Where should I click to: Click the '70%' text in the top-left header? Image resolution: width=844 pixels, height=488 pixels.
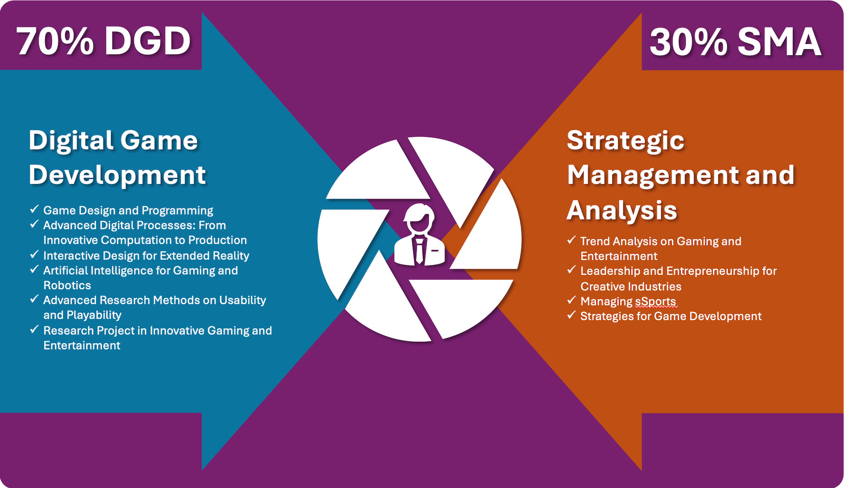pos(55,42)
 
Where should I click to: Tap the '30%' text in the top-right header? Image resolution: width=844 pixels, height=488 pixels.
pos(688,42)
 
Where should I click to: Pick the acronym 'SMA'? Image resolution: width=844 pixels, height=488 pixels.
pos(779,42)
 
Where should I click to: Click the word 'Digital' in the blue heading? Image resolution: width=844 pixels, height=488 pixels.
pos(70,140)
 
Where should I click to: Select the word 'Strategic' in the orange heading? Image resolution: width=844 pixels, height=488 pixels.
pos(625,140)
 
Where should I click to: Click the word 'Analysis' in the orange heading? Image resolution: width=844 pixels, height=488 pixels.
pos(622,210)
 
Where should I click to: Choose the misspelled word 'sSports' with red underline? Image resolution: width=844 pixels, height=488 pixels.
pos(655,301)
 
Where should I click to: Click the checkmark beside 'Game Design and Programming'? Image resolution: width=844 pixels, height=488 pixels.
pos(34,210)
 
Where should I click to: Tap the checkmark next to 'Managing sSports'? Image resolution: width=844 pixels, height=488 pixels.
pos(572,301)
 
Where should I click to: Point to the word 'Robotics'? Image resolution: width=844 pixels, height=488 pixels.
pos(67,285)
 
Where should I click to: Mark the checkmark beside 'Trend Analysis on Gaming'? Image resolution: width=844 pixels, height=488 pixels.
pos(572,241)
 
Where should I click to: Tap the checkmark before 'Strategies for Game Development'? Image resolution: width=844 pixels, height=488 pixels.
pos(572,315)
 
